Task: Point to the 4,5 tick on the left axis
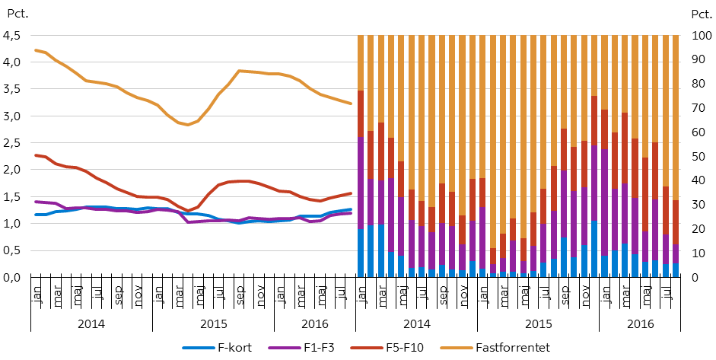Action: click(12, 35)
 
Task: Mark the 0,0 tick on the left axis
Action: click(12, 277)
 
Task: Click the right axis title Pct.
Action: click(699, 14)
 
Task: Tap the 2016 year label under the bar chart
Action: click(638, 323)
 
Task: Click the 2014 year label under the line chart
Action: click(91, 323)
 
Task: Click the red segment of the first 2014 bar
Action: click(361, 114)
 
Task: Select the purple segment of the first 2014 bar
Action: click(361, 183)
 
